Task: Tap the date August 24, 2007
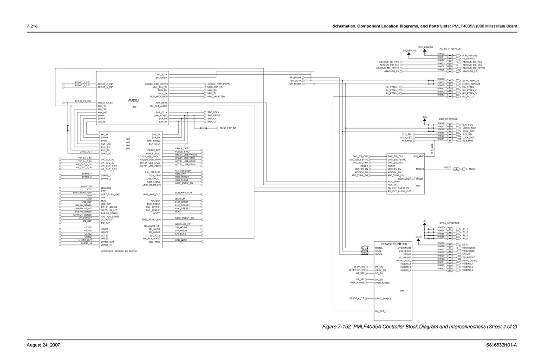tap(42, 345)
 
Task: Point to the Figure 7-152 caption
tap(419, 327)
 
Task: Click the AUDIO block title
tap(134, 100)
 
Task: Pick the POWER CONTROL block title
tap(395, 244)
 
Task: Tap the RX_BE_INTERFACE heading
tap(450, 49)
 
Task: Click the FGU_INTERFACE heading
tap(448, 119)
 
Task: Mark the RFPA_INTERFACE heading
tap(449, 223)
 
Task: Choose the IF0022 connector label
tap(447, 167)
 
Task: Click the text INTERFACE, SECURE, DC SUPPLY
tap(119, 251)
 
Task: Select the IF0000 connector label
tap(441, 54)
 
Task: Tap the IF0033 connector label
tap(441, 269)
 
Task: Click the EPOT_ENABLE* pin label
tap(384, 298)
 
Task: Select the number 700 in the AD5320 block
tap(418, 186)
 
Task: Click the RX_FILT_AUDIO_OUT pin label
tap(400, 191)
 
